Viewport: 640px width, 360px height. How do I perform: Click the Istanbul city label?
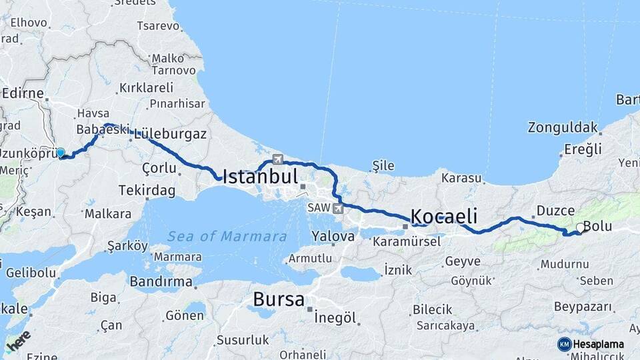pyautogui.click(x=259, y=177)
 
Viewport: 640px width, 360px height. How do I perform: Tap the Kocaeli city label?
pyautogui.click(x=444, y=216)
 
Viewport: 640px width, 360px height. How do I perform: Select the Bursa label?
pyautogui.click(x=279, y=299)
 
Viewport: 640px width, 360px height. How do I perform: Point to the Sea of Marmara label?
pyautogui.click(x=227, y=236)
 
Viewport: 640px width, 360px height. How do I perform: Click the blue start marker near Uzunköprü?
pyautogui.click(x=61, y=153)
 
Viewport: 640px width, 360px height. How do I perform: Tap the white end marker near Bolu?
pyautogui.click(x=580, y=228)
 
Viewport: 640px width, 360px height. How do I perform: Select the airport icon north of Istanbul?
pyautogui.click(x=277, y=159)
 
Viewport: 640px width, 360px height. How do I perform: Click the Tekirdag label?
pyautogui.click(x=147, y=191)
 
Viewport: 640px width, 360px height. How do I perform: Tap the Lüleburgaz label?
pyautogui.click(x=170, y=134)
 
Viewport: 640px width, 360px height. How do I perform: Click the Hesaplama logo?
pyautogui.click(x=591, y=344)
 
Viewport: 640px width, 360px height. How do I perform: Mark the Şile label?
pyautogui.click(x=383, y=166)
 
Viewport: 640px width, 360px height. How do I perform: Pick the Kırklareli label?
pyautogui.click(x=146, y=87)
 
